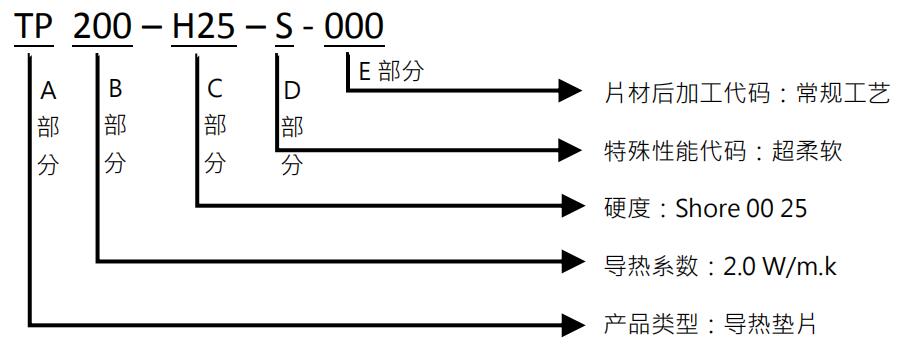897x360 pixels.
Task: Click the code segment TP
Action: coord(34,27)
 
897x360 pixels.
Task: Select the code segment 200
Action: coord(102,27)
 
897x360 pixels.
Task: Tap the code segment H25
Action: coord(203,27)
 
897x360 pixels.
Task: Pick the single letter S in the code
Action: coord(284,27)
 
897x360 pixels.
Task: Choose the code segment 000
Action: coord(355,27)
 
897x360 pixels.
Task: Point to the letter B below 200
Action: coord(115,90)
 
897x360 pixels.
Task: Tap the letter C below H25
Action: coord(215,90)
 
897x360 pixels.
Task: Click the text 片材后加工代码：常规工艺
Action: coord(747,93)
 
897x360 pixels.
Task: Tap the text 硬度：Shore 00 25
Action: coord(706,208)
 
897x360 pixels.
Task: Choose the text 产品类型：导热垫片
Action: coord(711,324)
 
